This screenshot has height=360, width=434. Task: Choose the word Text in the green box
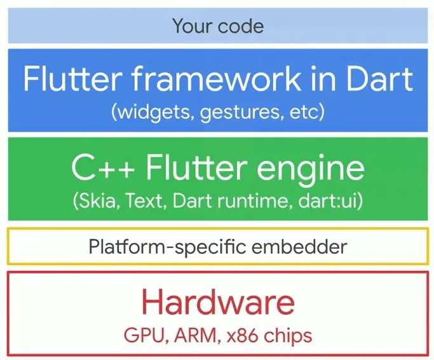click(146, 202)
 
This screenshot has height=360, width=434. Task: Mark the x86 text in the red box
click(242, 335)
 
